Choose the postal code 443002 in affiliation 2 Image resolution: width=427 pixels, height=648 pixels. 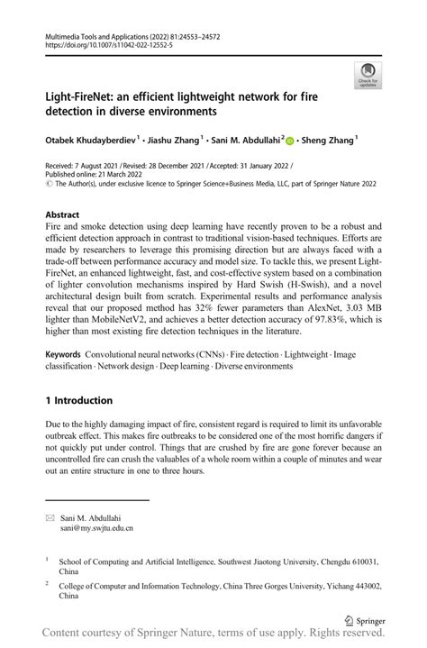click(363, 585)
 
